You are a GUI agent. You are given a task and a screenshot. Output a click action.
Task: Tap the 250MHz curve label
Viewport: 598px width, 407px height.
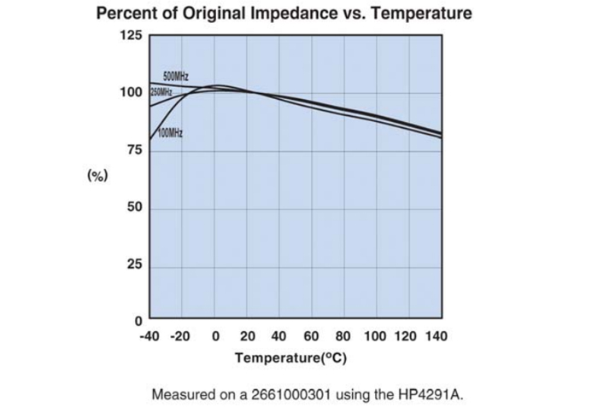pos(161,91)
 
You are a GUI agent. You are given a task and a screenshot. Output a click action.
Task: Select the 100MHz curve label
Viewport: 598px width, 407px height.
pos(170,133)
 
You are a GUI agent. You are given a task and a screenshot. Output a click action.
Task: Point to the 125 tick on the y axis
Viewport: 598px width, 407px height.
pos(131,36)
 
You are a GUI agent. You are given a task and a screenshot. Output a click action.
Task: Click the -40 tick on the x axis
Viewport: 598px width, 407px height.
pos(149,336)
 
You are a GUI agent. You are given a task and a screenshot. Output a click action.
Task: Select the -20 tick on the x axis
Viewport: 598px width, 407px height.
pos(179,336)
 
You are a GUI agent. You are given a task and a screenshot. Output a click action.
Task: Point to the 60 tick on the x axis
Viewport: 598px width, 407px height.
pos(311,336)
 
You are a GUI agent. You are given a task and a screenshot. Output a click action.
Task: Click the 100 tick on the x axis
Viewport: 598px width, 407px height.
pos(376,336)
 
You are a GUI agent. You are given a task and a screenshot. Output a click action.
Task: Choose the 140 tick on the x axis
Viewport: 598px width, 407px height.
pos(436,336)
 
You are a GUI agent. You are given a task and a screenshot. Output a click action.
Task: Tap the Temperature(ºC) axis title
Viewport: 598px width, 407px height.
pos(291,358)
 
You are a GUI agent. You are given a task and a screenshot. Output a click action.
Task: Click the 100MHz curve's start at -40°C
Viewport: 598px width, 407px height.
pos(150,139)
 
